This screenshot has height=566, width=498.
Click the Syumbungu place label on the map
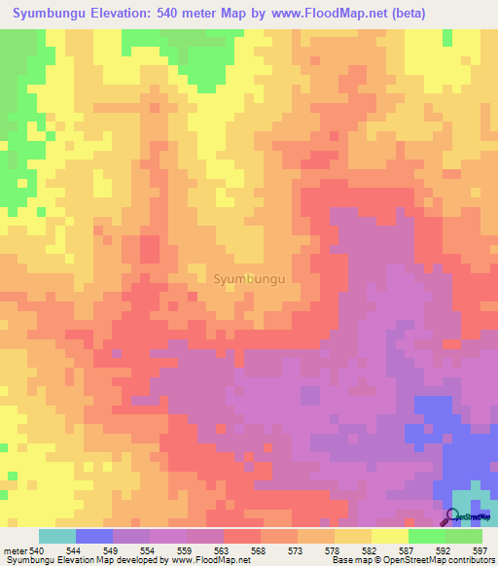coord(248,278)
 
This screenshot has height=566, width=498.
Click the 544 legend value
coord(73,551)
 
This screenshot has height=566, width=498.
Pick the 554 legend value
coord(147,551)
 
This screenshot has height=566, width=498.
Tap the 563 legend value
coord(222,551)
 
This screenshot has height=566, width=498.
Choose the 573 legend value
coord(296,551)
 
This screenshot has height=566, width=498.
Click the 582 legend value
coord(370,551)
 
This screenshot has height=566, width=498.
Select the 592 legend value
coord(444,551)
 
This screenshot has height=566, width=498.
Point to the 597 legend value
coord(480,551)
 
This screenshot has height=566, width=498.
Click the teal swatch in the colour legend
coord(56,536)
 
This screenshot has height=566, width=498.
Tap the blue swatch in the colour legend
coord(93,536)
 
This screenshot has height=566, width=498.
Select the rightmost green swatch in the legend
coord(464,536)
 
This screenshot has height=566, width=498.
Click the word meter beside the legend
coord(15,551)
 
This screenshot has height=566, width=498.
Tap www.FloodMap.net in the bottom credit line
coord(203,561)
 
